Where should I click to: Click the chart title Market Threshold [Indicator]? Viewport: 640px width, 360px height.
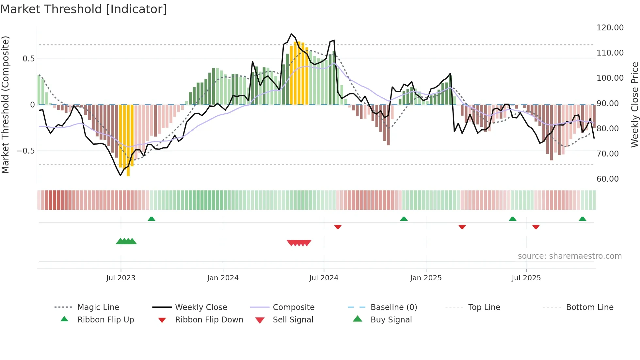click(84, 9)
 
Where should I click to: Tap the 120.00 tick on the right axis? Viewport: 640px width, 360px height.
click(610, 28)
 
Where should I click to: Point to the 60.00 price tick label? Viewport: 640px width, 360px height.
click(607, 179)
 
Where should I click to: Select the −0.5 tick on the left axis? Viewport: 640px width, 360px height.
click(25, 151)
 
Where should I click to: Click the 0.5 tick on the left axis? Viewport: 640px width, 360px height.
click(28, 59)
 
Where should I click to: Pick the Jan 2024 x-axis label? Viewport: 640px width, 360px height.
click(223, 278)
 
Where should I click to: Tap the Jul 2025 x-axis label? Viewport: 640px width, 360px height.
click(526, 278)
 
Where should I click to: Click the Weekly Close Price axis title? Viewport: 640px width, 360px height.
click(634, 105)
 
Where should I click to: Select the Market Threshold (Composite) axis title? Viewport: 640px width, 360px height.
click(5, 105)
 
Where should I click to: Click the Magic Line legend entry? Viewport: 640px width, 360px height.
click(98, 307)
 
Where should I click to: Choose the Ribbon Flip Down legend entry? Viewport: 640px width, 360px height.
click(209, 320)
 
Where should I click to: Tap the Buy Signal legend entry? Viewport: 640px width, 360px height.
click(391, 320)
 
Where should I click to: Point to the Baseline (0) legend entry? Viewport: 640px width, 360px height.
click(393, 307)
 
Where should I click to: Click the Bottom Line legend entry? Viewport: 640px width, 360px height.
click(589, 307)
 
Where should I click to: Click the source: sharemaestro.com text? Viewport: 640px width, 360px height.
click(569, 256)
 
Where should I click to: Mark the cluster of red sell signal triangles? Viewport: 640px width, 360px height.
click(299, 243)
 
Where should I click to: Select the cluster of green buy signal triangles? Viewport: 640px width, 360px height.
click(126, 241)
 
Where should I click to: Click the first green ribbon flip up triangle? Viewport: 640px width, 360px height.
click(151, 219)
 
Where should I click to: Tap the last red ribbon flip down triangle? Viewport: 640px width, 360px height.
click(536, 227)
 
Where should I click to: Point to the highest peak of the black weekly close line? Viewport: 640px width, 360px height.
click(291, 34)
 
